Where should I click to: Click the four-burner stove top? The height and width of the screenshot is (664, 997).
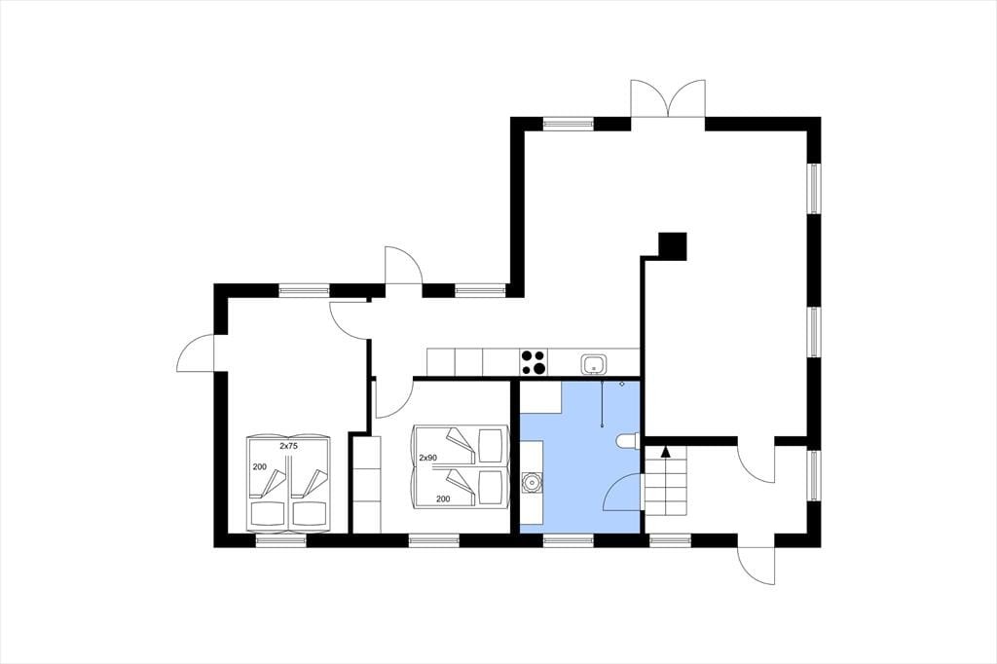click(x=534, y=362)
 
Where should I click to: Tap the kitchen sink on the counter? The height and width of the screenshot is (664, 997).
click(x=594, y=365)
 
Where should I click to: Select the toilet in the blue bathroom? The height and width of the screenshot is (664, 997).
click(x=627, y=441)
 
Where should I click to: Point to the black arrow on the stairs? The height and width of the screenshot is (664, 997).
click(x=665, y=452)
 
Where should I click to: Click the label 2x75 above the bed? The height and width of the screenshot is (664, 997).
click(x=288, y=447)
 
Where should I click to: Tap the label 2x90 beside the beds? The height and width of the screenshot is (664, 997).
click(x=428, y=458)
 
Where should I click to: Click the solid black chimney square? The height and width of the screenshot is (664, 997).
click(x=672, y=246)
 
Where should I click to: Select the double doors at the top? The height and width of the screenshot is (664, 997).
click(x=668, y=98)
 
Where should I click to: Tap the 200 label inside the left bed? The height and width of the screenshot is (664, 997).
click(x=259, y=466)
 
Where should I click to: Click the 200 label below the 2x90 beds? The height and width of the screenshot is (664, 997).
click(x=443, y=499)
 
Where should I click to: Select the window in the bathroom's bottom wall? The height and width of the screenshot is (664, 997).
click(x=569, y=540)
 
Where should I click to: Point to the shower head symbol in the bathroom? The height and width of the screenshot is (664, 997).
click(x=602, y=404)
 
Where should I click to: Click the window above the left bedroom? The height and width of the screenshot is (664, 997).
click(x=304, y=291)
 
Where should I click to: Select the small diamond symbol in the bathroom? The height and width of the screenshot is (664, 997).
click(x=622, y=385)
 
